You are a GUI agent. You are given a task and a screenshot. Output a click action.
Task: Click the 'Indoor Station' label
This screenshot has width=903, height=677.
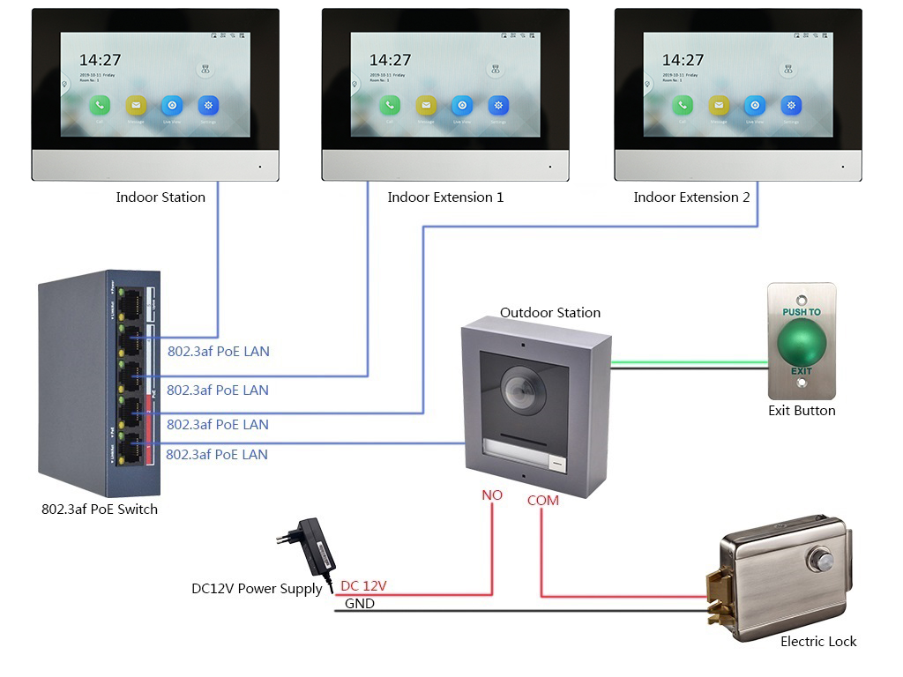click(160, 197)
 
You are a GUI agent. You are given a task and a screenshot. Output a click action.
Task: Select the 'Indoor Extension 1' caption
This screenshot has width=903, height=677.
click(445, 197)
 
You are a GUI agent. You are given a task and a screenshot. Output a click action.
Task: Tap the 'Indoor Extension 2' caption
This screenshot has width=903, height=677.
click(691, 197)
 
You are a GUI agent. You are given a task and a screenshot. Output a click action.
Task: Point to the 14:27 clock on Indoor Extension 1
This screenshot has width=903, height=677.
click(390, 60)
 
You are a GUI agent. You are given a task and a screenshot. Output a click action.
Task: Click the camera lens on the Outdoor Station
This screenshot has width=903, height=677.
click(519, 384)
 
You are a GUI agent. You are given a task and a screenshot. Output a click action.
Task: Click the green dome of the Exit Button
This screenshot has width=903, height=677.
click(801, 340)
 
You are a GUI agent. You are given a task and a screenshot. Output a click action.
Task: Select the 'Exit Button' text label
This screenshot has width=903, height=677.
click(802, 411)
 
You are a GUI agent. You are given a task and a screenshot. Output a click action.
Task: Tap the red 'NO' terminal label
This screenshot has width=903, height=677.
click(491, 495)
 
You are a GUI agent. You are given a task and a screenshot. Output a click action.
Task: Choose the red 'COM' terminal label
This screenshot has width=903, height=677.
click(543, 501)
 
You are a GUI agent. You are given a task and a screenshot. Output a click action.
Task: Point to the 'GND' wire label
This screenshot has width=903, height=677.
click(359, 604)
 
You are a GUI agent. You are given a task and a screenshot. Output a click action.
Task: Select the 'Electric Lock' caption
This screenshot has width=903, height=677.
click(818, 642)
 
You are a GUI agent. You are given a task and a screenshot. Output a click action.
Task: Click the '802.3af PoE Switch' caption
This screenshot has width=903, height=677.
click(100, 509)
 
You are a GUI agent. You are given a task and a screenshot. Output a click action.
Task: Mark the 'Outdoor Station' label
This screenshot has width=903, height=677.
click(550, 313)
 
